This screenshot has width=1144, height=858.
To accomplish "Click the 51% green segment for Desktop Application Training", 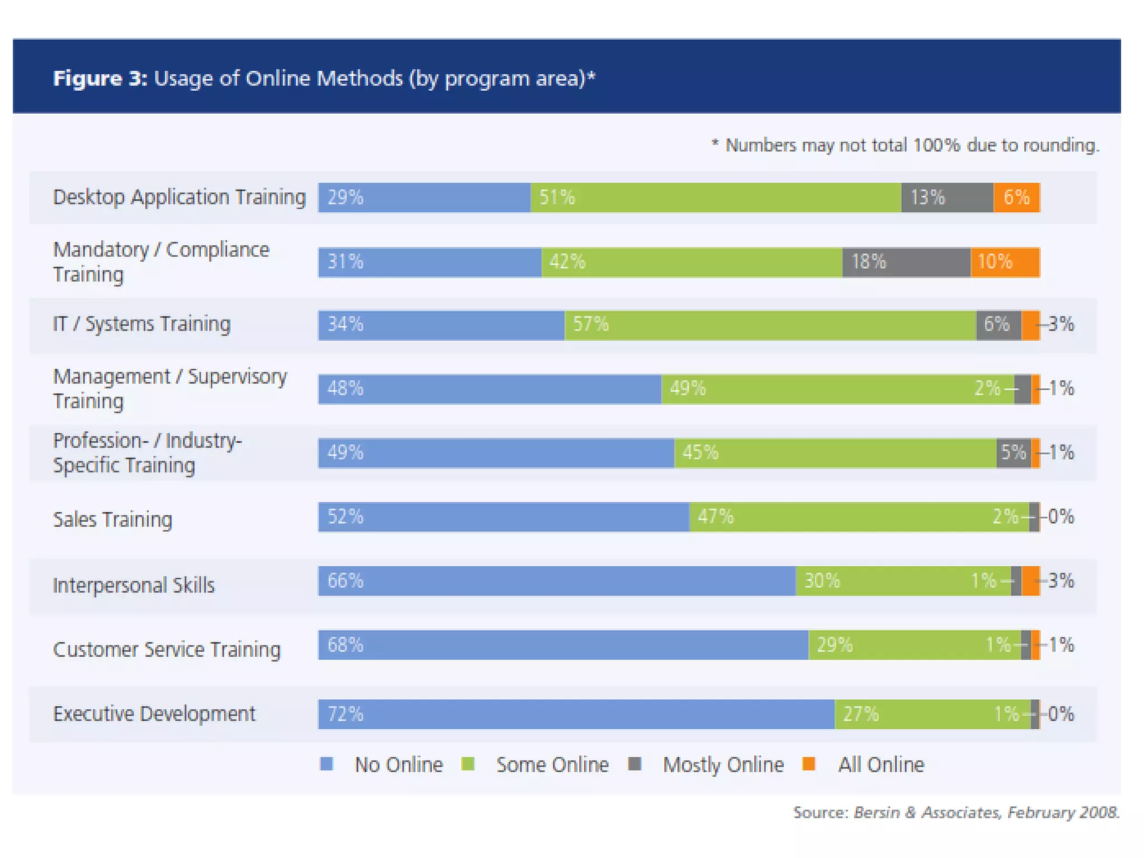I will coord(715,197).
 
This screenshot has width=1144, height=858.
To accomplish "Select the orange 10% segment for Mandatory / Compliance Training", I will coord(1004,261).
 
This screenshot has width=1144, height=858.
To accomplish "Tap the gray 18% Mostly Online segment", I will coord(906,261).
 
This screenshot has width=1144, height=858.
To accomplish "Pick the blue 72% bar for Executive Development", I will coord(575,714).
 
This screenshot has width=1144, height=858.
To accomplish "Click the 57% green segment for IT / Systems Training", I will coord(770,325).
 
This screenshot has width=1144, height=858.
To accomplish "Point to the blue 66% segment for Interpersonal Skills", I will coord(556,581).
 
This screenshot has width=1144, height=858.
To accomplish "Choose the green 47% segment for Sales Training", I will coord(859,517).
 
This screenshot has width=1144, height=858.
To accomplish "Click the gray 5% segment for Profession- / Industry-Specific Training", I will coord(1013,452).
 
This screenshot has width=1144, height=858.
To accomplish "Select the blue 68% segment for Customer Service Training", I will coord(563,645).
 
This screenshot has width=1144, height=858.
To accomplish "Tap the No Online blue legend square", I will coord(327,764).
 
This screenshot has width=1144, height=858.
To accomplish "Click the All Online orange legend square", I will coord(808,764).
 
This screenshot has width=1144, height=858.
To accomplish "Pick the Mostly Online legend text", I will coord(723,765).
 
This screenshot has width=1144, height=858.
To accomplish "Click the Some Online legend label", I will coord(552,765).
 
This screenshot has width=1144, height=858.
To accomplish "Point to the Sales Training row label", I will coord(112,519).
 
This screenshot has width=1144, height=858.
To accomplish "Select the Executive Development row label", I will coord(154,714).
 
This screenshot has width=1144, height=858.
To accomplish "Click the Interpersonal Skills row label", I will coord(134,585).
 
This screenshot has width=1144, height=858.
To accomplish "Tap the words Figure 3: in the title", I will coord(100,78).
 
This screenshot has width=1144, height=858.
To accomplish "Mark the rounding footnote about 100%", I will coord(905,145).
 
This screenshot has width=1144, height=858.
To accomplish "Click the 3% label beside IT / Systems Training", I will coord(1060,324).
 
